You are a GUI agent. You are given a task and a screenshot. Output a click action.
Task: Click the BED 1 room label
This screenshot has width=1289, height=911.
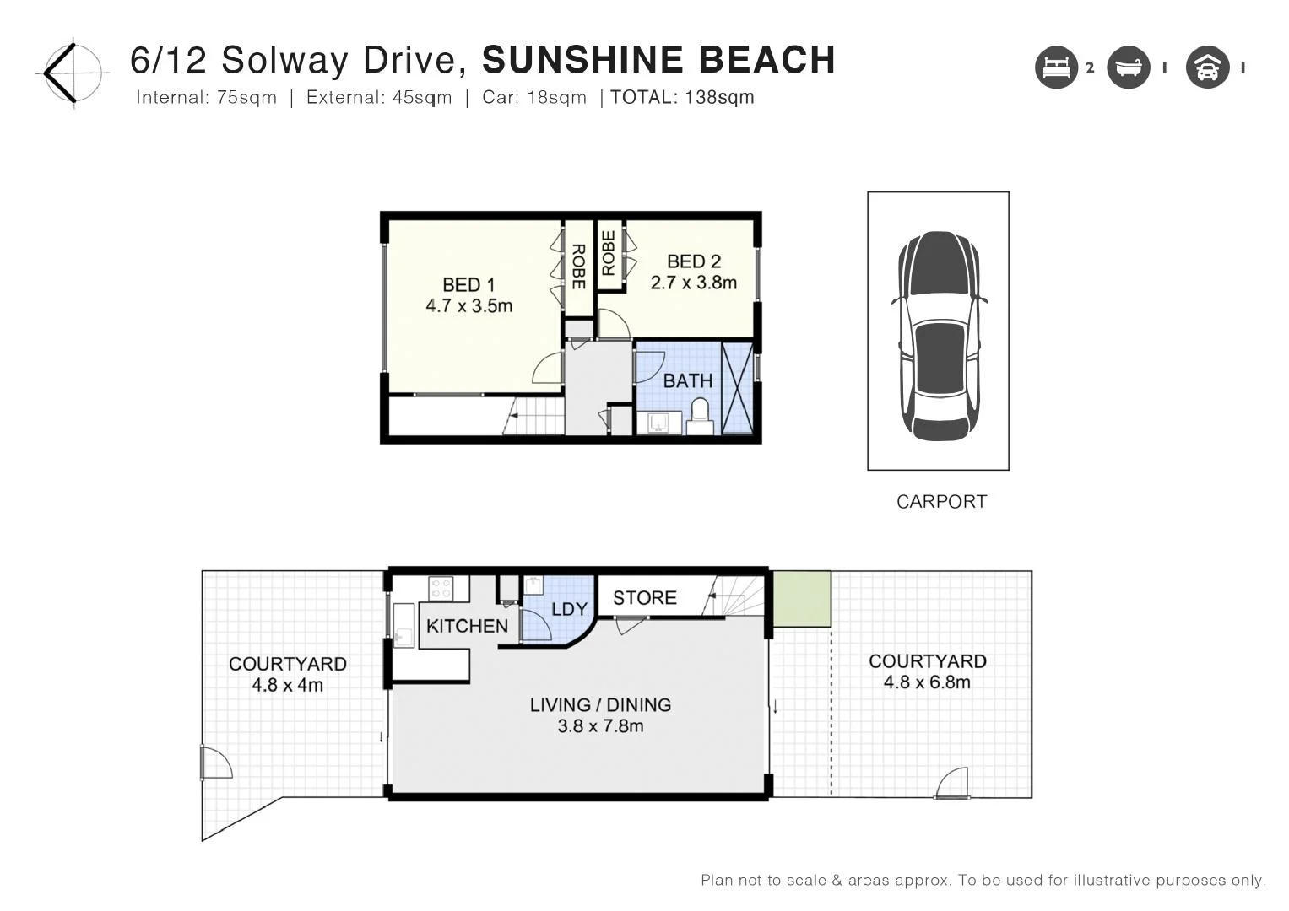click(x=468, y=285)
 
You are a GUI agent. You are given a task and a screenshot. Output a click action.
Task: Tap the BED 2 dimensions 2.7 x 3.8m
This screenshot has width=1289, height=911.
click(x=693, y=283)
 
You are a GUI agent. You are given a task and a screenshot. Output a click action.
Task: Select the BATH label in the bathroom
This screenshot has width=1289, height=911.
click(x=687, y=380)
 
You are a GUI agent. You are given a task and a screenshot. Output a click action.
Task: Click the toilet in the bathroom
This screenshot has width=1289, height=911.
click(x=700, y=416)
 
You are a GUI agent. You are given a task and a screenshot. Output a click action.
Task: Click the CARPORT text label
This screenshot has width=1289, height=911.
click(x=941, y=502)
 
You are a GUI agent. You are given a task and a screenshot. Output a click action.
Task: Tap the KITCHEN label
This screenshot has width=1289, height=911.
click(x=467, y=626)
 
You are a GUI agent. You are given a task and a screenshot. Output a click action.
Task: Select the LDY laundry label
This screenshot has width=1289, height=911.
click(x=569, y=609)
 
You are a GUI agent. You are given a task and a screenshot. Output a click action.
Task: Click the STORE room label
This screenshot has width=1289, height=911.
click(x=644, y=598)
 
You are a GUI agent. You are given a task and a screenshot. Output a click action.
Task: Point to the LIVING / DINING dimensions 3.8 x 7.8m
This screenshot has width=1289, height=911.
click(x=600, y=726)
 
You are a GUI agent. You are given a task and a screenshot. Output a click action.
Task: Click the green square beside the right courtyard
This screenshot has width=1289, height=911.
click(x=802, y=599)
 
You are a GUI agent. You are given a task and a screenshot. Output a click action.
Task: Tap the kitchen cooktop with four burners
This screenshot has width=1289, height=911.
click(x=441, y=588)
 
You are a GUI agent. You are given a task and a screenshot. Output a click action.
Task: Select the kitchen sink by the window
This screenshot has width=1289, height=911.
click(x=403, y=626)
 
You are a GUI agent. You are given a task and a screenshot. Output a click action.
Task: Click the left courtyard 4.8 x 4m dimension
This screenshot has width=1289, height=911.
click(x=287, y=685)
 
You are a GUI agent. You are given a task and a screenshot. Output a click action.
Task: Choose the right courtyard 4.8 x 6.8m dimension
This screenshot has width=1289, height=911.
click(x=927, y=682)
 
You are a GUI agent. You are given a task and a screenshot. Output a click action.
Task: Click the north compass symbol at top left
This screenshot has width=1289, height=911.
click(x=73, y=73)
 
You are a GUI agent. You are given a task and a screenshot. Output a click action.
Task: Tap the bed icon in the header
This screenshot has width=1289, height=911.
click(x=1056, y=67)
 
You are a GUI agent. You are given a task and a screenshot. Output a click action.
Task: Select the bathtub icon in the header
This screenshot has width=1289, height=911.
click(x=1129, y=67)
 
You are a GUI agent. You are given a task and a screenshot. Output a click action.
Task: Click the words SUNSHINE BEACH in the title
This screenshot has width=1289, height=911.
click(x=658, y=60)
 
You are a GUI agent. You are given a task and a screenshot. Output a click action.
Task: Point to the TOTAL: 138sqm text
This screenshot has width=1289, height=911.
click(x=682, y=98)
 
